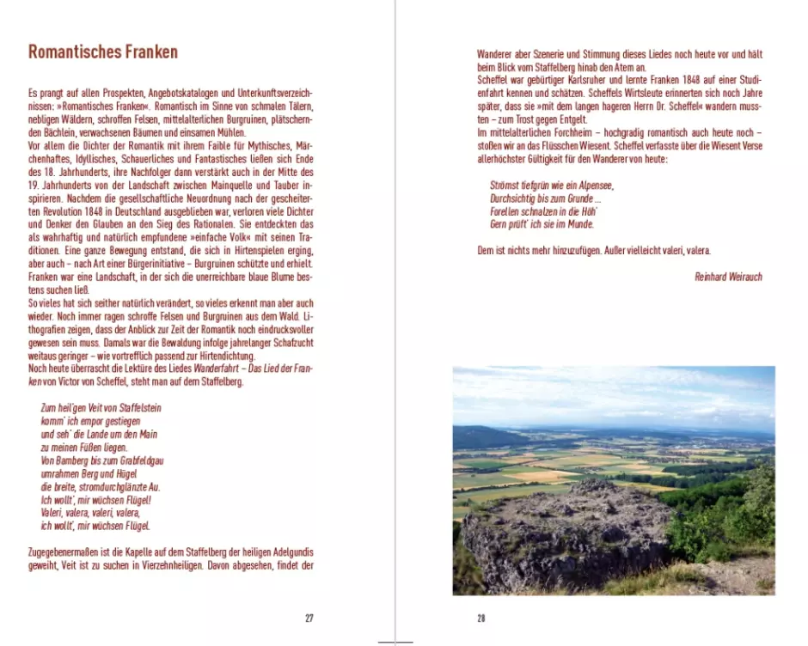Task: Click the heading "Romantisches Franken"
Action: (x=103, y=52)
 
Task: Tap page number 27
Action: (x=309, y=618)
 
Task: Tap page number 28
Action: (x=481, y=618)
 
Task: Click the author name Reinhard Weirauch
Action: (x=728, y=277)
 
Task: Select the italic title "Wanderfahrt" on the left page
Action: (x=216, y=369)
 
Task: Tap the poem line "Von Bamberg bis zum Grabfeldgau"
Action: (x=102, y=460)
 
